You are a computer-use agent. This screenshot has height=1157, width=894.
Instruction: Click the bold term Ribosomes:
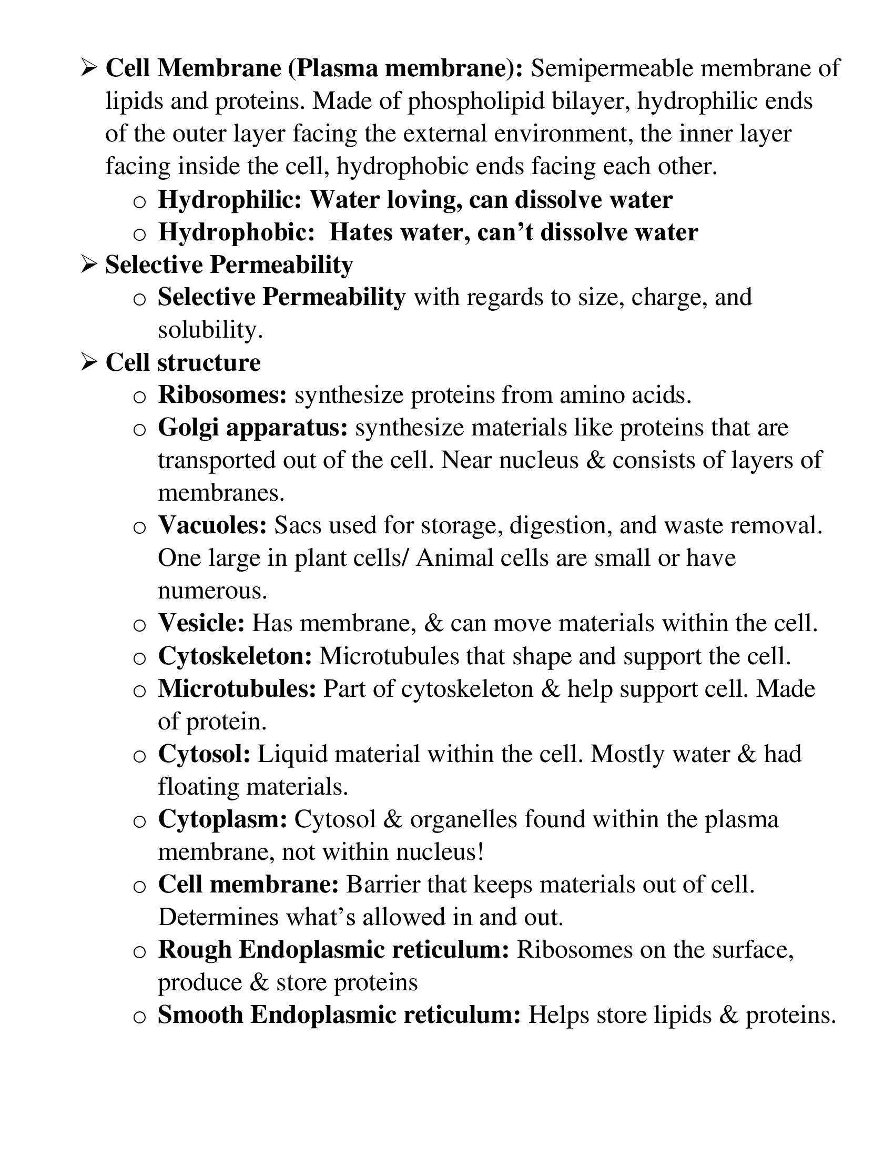coord(222,395)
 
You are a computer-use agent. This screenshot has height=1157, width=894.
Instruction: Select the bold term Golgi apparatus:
coord(252,428)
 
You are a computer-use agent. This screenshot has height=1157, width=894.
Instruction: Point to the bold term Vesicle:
coord(201,623)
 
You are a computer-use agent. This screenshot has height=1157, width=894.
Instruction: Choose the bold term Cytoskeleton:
coord(235,656)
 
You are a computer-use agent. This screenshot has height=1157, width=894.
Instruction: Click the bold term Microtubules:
coord(237,689)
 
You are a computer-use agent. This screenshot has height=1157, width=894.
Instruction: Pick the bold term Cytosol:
coord(205,754)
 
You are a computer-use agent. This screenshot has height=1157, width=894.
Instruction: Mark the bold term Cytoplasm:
coord(222,819)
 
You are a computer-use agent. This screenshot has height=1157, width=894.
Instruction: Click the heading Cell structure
coord(182,363)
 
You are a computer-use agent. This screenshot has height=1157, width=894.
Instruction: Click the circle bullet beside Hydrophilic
coord(139,201)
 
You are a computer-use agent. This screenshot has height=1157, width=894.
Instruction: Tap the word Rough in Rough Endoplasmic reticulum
coord(195,950)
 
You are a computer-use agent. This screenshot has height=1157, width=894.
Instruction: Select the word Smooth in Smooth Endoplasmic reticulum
coord(201,1015)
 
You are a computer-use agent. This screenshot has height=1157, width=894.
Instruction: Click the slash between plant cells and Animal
coord(405,559)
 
